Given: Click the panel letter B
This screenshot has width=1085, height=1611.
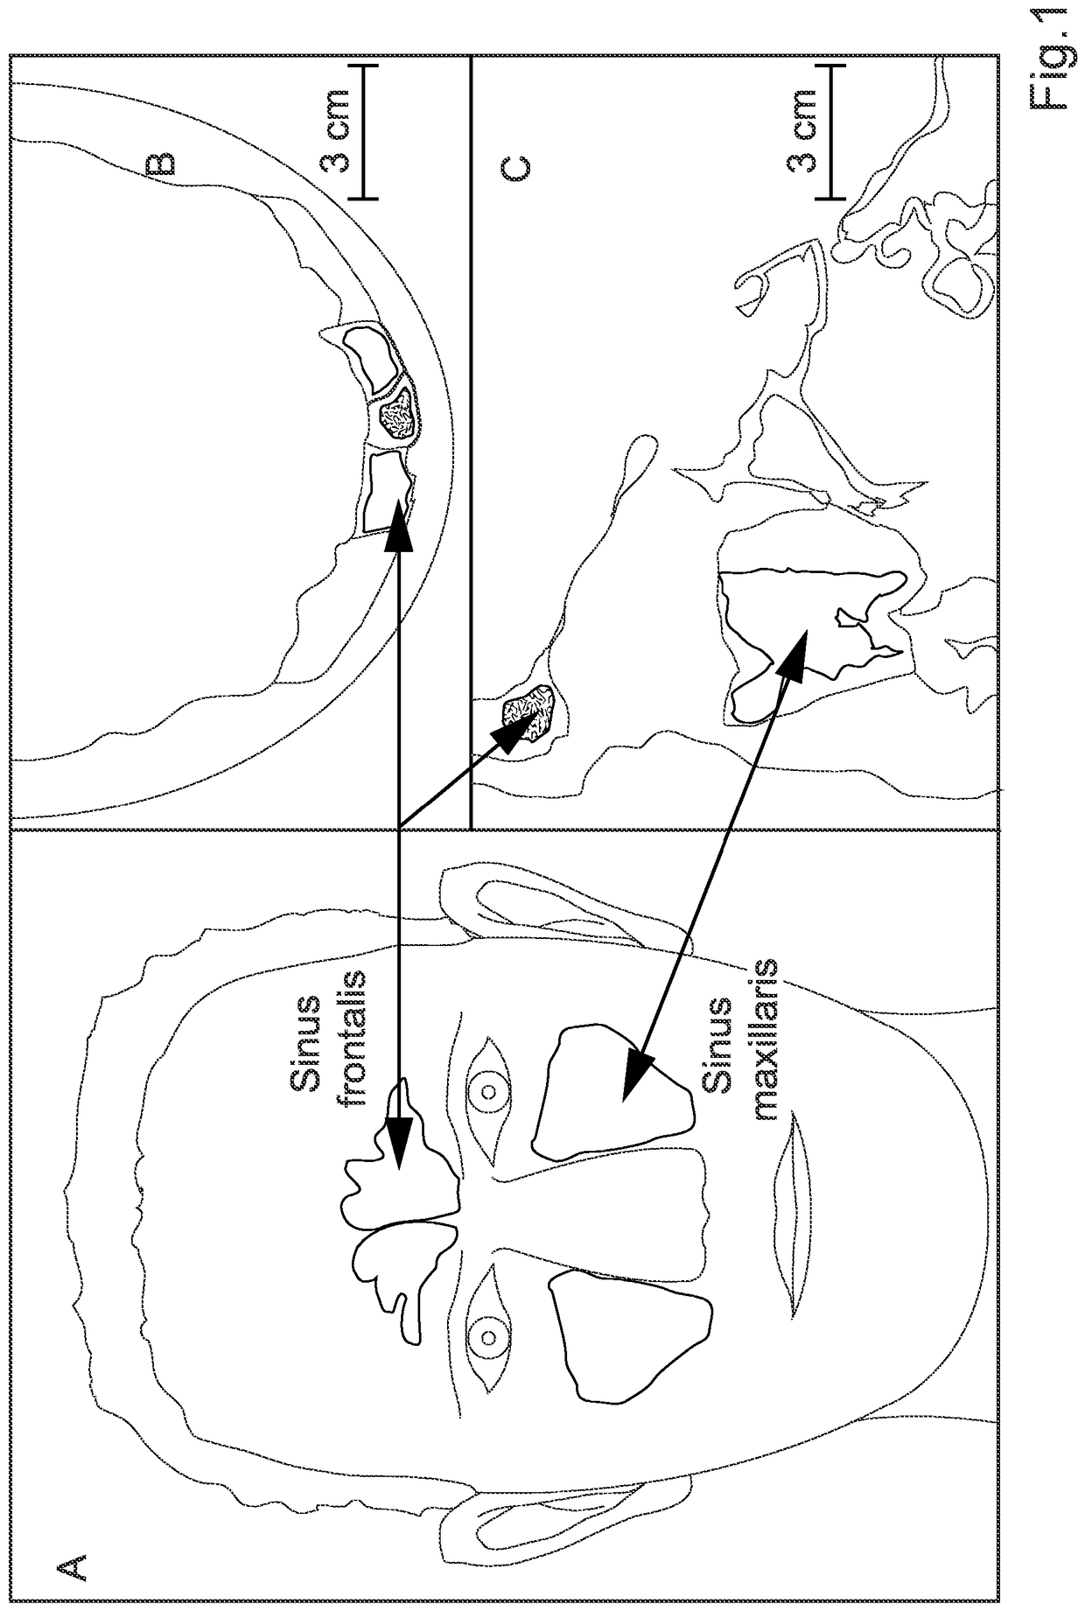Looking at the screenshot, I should [x=159, y=165].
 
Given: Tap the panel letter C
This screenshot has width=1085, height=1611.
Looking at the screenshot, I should [x=514, y=170].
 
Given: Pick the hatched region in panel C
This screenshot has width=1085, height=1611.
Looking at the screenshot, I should [x=528, y=712].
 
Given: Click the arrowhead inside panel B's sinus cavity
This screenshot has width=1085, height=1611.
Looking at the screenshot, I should [x=398, y=522].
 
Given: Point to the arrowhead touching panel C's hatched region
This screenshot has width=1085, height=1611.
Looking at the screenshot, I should [x=512, y=730].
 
